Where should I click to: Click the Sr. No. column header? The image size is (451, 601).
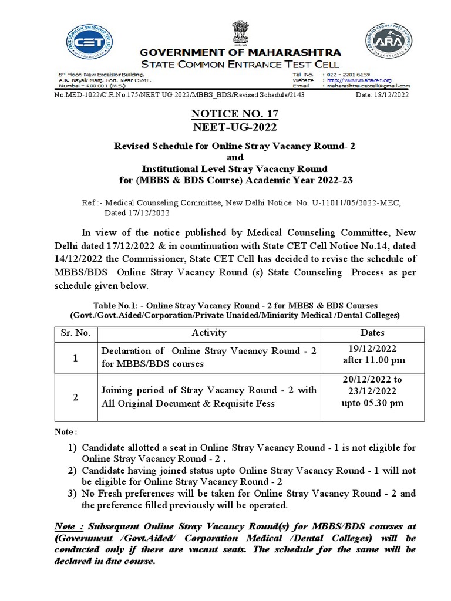coord(75,333)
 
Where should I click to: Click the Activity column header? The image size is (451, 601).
coord(209,333)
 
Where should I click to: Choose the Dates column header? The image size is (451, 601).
coord(372,333)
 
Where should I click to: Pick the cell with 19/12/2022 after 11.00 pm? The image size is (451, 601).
coord(372,355)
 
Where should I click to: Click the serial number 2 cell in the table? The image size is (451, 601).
coord(75,397)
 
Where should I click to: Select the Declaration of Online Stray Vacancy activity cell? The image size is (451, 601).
coord(209,357)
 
